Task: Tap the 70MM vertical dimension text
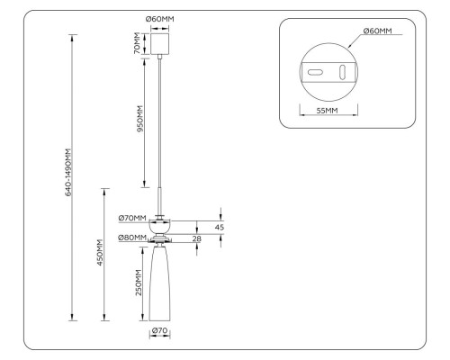[138, 43]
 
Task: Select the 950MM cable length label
[138, 119]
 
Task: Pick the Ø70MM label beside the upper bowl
[132, 218]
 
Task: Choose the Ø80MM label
[132, 238]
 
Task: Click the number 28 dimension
[197, 238]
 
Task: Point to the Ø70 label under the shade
[160, 331]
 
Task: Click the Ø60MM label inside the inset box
[377, 31]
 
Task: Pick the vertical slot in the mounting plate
[341, 71]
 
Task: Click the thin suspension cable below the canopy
[160, 126]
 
